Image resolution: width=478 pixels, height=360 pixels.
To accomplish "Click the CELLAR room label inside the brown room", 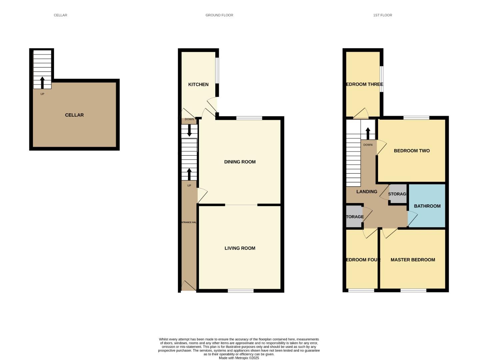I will tap(74, 115).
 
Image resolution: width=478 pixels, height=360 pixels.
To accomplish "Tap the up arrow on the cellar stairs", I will tap(42, 82).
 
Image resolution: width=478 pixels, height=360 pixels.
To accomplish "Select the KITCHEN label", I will tap(198, 84).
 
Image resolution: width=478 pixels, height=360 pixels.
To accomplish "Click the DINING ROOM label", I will tap(240, 162).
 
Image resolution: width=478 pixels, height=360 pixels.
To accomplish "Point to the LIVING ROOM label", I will tap(240, 248).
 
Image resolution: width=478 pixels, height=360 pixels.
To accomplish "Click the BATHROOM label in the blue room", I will tap(427, 206).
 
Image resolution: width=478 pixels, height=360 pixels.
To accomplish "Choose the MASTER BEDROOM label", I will tap(413, 260).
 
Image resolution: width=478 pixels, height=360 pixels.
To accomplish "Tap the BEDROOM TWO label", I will tap(412, 151).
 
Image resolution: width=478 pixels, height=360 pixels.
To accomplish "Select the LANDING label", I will tap(367, 192).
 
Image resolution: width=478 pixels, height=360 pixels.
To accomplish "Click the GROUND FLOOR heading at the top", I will tap(219, 15).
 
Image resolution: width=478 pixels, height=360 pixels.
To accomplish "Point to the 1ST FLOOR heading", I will tap(382, 15).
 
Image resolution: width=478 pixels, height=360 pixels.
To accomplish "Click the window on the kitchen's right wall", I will tap(217, 71).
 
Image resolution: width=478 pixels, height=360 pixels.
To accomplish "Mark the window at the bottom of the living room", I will tap(241, 291).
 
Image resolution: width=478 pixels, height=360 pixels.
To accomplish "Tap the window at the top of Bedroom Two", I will tap(416, 118).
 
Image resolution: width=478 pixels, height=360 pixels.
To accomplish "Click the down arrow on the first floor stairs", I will tap(368, 134).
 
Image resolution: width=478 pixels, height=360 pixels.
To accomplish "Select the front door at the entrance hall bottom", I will tap(188, 286).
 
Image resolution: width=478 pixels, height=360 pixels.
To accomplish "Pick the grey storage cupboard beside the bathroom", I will tap(398, 194).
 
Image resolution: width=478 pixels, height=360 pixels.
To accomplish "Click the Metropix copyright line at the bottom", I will tap(239, 358).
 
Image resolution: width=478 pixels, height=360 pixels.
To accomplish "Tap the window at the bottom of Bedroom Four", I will tap(361, 291).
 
